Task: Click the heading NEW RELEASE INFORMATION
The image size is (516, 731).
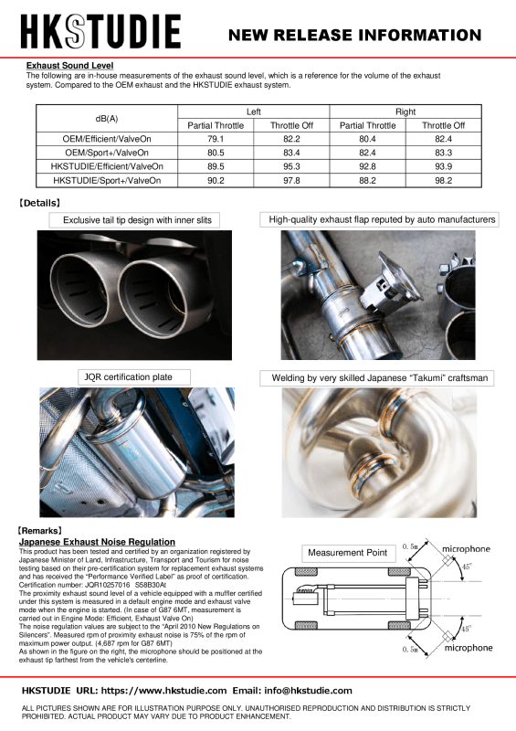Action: pyautogui.click(x=354, y=36)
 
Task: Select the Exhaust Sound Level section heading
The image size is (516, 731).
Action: pyautogui.click(x=69, y=66)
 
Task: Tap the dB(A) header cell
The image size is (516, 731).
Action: pyautogui.click(x=107, y=118)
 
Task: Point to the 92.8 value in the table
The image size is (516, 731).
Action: pyautogui.click(x=367, y=167)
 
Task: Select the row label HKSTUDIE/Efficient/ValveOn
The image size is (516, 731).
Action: pyautogui.click(x=107, y=167)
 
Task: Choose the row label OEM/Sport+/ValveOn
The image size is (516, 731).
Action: pyautogui.click(x=107, y=153)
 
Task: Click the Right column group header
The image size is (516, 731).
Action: pyautogui.click(x=405, y=111)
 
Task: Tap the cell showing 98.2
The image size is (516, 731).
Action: pyautogui.click(x=443, y=181)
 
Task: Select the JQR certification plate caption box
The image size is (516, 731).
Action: pyautogui.click(x=116, y=376)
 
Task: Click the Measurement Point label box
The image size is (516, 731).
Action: pyautogui.click(x=346, y=554)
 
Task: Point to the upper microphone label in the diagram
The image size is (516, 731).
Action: pyautogui.click(x=466, y=549)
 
